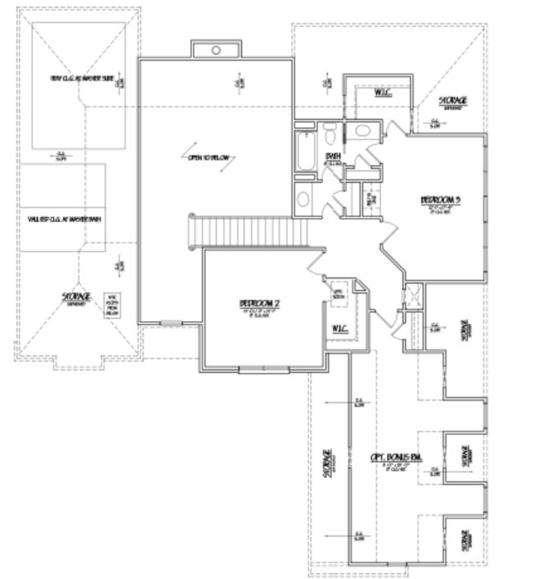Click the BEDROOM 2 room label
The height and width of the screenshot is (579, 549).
(259, 303)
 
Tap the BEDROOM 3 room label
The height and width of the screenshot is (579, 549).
(440, 200)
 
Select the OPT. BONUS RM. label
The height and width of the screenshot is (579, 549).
(396, 457)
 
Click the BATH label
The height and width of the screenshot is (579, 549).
(332, 156)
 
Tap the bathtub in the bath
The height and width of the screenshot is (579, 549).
(305, 151)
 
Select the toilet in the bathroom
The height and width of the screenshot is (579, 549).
(330, 134)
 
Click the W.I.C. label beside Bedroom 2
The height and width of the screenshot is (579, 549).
(339, 329)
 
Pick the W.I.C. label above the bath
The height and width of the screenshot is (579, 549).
(383, 93)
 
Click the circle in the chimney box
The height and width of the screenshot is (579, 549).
(216, 50)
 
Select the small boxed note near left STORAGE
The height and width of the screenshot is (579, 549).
(113, 305)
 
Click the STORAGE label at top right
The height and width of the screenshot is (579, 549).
(453, 101)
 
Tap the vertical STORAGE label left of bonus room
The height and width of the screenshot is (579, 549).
(327, 463)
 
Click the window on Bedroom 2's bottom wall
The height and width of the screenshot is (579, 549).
(264, 369)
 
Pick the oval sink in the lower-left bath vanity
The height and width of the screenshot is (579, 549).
(304, 199)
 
